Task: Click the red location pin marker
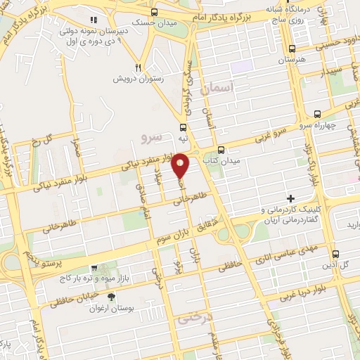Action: tap(181, 165)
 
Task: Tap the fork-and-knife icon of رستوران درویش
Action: tap(139, 68)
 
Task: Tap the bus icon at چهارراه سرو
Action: tap(318, 113)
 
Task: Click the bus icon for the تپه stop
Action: tap(183, 128)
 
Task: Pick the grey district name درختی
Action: tap(194, 319)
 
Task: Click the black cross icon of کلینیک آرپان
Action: tap(289, 199)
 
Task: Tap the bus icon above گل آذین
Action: tap(335, 255)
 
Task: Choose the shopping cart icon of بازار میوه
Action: tap(94, 268)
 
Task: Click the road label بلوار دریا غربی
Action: tap(316, 289)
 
